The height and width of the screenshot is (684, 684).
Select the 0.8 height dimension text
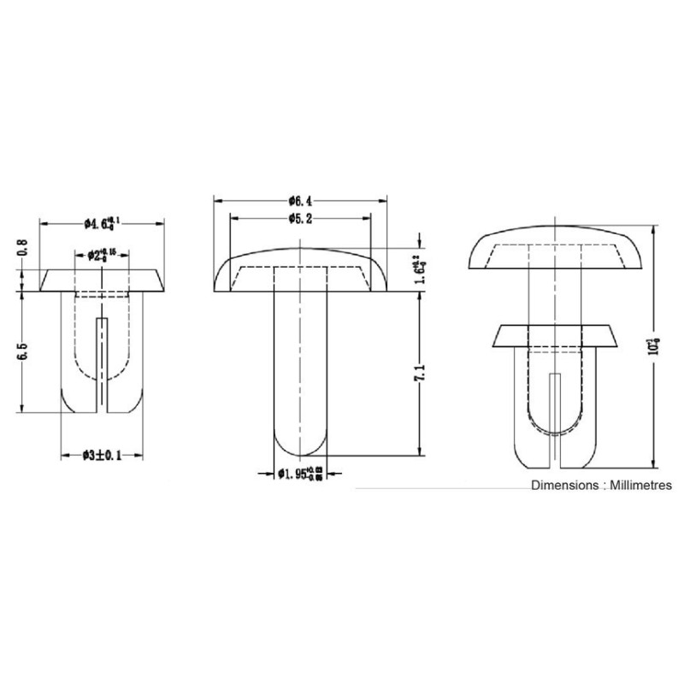(x=23, y=248)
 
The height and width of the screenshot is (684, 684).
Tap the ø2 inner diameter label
(x=102, y=255)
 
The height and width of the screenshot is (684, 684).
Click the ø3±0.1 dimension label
(x=102, y=456)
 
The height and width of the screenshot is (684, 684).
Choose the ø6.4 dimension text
(x=300, y=201)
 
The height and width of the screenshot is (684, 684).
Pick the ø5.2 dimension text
(x=300, y=219)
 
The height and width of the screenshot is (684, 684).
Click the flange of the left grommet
(x=102, y=280)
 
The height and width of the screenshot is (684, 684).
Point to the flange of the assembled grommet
(x=556, y=335)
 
